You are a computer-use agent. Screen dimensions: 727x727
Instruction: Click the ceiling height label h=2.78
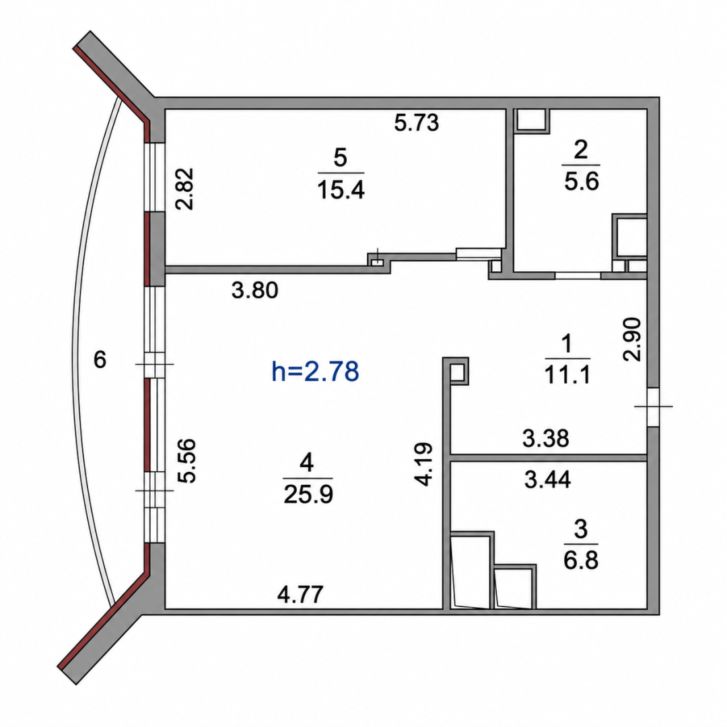point(315,372)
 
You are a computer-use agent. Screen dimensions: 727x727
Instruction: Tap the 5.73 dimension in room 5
point(417,123)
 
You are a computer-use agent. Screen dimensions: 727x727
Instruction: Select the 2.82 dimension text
point(185,189)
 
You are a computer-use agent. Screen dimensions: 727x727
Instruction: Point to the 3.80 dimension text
point(254,291)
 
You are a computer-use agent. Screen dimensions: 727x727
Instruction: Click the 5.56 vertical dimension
point(187,461)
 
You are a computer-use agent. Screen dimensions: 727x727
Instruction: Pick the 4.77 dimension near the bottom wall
point(300,594)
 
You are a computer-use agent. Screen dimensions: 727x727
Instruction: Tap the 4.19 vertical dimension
point(424,464)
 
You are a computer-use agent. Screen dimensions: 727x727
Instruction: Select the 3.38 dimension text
point(546,438)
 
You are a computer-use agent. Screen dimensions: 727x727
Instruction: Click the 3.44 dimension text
point(547,479)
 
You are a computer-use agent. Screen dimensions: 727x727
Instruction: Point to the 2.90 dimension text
point(632,339)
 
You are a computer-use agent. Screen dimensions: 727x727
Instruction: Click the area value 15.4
point(341,190)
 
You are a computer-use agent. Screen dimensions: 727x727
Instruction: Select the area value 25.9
point(308,495)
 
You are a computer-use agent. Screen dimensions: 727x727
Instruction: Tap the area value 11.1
point(567,375)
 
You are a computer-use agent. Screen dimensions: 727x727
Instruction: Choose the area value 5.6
point(582,181)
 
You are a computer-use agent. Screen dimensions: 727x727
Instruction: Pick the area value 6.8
point(581,560)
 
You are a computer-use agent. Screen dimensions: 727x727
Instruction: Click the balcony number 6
point(100,359)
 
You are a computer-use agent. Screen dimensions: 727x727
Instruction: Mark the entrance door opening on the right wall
point(653,407)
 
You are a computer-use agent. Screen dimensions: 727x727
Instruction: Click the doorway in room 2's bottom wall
point(578,275)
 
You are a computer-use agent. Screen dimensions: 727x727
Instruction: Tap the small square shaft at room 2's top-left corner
point(532,121)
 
